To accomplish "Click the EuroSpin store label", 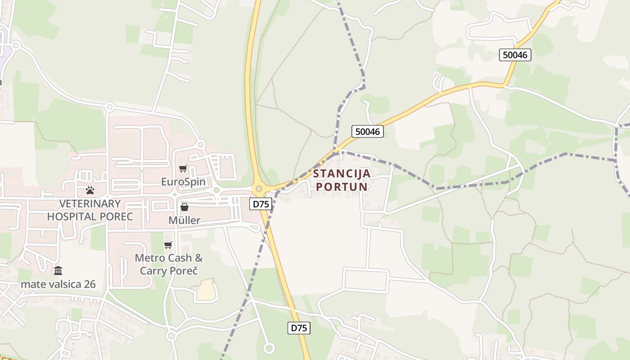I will click(x=183, y=182).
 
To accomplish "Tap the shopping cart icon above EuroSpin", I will click(x=183, y=169).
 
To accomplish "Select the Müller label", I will click(x=184, y=220).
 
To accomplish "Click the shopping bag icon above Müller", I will click(x=184, y=207).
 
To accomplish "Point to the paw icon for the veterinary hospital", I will click(x=90, y=190).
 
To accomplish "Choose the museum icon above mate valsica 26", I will click(x=58, y=270).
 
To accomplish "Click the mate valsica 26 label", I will click(x=58, y=284).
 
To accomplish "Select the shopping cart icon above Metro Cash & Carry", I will click(x=168, y=245).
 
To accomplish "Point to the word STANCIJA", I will click(x=342, y=174).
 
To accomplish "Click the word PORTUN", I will click(x=342, y=186).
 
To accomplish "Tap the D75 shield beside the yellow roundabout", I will click(x=261, y=204).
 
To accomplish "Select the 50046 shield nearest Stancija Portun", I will click(x=368, y=131).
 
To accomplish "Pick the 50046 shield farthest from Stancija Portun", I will click(x=515, y=55).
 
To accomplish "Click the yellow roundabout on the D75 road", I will click(x=259, y=189).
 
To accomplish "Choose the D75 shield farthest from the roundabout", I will click(x=299, y=328).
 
